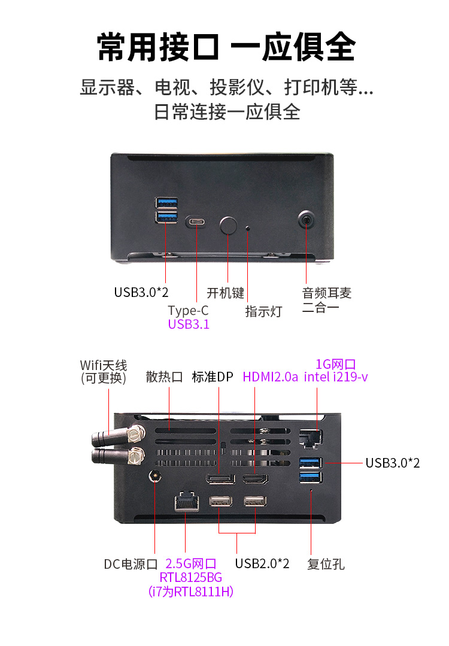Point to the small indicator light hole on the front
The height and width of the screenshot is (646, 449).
tap(248, 228)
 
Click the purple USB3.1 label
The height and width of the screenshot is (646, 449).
tap(189, 325)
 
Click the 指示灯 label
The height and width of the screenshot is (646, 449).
tap(263, 311)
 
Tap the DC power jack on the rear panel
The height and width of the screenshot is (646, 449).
tap(156, 477)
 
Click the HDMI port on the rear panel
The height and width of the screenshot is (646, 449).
tap(255, 479)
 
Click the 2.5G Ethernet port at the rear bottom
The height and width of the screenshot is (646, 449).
tap(186, 501)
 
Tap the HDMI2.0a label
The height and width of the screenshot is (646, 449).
tap(270, 377)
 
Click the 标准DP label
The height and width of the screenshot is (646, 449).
tap(213, 377)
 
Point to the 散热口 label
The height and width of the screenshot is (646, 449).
tap(165, 377)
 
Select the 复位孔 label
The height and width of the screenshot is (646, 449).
tap(326, 564)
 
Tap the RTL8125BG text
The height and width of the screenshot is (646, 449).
tap(191, 578)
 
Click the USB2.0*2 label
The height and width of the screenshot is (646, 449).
tap(262, 563)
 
